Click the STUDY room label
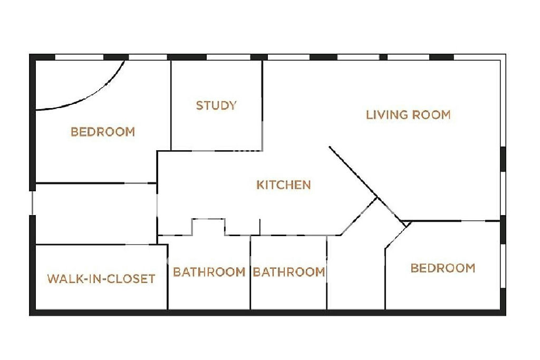click(216, 105)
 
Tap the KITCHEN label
click(283, 185)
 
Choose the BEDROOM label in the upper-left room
click(103, 132)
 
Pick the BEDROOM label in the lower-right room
click(443, 268)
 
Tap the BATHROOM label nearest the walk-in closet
click(209, 272)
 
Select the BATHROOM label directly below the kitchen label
click(289, 272)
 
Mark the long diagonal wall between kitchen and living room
click(367, 184)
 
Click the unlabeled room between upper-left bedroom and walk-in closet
click(96, 213)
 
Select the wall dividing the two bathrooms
click(250, 272)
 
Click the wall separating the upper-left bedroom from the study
click(171, 105)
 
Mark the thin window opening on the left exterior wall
click(32, 203)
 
